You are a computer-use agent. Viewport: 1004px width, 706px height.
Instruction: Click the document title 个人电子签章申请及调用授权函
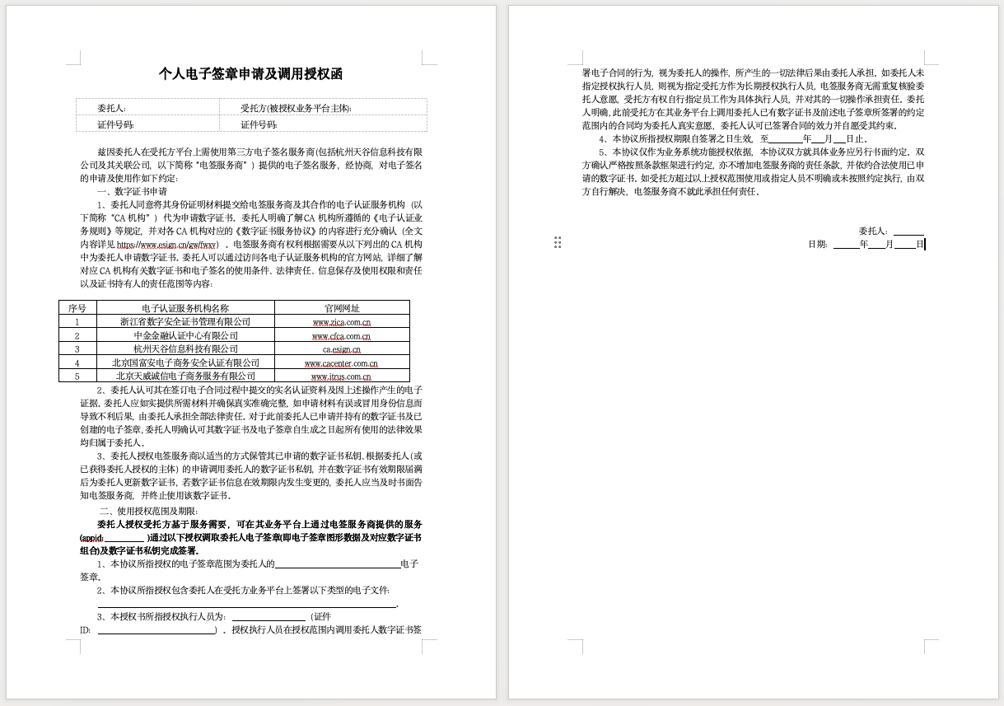(250, 74)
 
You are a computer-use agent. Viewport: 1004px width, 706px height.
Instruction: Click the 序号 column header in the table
(77, 308)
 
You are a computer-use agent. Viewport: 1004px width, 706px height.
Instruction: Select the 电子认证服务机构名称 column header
(185, 308)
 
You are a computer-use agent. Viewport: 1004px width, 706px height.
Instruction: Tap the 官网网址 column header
(341, 308)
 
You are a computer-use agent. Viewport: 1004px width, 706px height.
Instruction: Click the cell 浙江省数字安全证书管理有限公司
(185, 322)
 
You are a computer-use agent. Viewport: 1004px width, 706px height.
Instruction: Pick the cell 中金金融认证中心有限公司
(185, 335)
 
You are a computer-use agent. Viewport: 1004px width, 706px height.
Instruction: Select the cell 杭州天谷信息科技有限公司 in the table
(185, 349)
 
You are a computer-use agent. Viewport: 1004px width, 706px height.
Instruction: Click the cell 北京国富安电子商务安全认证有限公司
(185, 362)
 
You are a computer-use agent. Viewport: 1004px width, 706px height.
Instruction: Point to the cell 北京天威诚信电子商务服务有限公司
(185, 376)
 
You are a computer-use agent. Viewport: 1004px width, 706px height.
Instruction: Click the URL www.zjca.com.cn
(341, 322)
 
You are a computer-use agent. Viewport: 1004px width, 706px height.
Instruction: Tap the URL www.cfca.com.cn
(341, 336)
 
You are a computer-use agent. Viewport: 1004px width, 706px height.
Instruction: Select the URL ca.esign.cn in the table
(341, 349)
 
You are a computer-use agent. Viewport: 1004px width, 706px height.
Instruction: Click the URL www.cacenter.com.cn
(341, 363)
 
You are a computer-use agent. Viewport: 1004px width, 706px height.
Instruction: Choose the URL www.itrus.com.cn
(341, 376)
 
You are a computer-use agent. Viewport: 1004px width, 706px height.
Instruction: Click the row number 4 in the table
(77, 362)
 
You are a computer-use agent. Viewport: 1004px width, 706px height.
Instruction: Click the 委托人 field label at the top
(111, 108)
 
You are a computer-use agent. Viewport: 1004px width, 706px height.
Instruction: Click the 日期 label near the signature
(818, 245)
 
